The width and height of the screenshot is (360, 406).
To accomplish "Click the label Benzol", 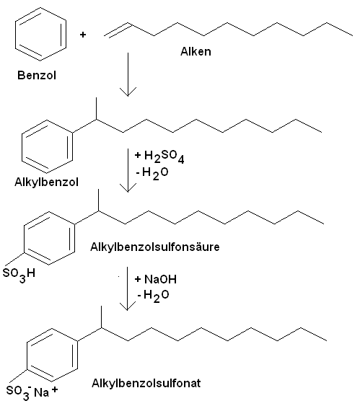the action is (37, 75).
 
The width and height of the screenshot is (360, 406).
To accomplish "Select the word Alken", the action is (196, 51).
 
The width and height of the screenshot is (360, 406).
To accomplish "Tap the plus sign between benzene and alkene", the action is (83, 35).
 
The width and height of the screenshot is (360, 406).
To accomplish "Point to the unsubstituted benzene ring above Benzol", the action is (16, 35).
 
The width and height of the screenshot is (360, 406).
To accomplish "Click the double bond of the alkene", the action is (118, 30).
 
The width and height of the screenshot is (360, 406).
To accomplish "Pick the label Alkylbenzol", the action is (46, 182).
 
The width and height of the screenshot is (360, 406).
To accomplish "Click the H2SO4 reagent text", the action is (159, 156).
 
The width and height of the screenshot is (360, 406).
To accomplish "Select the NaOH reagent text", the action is (156, 279).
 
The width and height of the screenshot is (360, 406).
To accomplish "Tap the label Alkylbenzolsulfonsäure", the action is (155, 247).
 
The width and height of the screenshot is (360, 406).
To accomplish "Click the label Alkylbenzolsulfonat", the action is (146, 383).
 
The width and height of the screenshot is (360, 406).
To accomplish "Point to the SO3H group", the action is (19, 274).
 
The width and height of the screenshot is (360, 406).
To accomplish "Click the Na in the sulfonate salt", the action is (41, 392).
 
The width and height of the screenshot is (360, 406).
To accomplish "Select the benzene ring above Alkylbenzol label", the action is (22, 146).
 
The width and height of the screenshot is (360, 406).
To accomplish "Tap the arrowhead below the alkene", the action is (128, 92).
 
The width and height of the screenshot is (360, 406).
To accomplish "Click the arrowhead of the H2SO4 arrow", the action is (128, 187).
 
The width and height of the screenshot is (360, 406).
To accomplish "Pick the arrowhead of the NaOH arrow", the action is (127, 306).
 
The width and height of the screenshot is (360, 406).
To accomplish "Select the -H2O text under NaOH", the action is (153, 296).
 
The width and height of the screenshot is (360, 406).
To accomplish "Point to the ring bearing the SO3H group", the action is (24, 238).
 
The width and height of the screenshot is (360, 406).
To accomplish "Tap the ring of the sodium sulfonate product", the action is (27, 356).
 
